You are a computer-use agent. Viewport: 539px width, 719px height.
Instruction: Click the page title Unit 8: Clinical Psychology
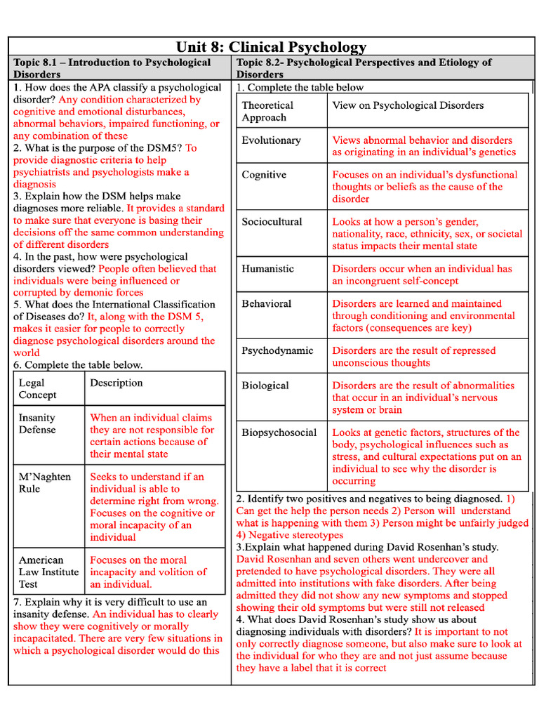271,47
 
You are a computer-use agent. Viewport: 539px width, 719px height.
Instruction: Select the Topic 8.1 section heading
112,68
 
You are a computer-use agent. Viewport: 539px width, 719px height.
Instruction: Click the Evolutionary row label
271,140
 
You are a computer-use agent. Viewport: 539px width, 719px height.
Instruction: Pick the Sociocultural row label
272,222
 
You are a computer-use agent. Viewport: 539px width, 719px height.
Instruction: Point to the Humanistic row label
267,269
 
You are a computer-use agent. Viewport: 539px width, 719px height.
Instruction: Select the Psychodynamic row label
277,350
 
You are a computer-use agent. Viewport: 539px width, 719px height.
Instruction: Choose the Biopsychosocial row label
279,433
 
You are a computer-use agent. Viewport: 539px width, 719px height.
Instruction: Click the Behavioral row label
266,304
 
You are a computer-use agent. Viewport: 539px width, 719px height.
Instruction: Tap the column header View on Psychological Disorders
408,105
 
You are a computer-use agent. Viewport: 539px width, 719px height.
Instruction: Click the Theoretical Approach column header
267,111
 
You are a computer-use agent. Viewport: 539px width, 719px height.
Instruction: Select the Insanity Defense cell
37,423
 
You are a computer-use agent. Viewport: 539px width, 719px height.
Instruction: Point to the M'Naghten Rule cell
44,482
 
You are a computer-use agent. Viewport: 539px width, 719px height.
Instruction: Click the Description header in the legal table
116,383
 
